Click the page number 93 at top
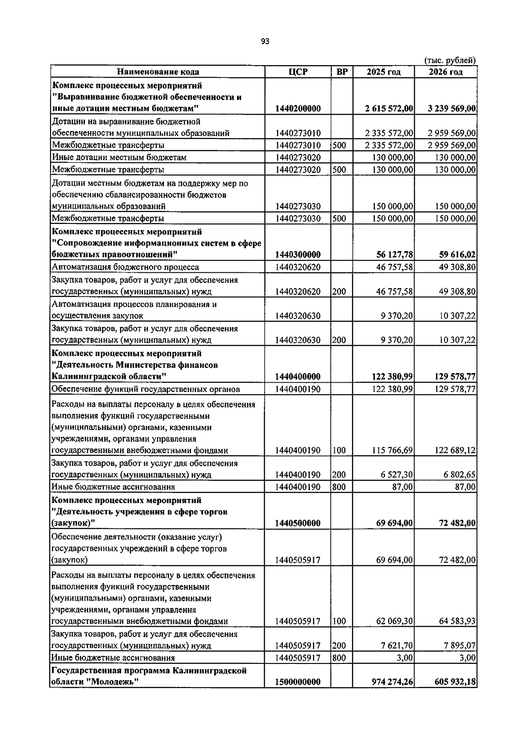click(264, 41)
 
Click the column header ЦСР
click(298, 72)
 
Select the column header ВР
click(341, 72)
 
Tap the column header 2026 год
click(445, 72)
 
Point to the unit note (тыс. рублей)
click(450, 61)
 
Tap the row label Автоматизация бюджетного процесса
click(125, 267)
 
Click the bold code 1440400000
click(298, 377)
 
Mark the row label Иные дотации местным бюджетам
click(119, 157)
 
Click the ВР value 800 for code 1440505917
click(339, 658)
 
